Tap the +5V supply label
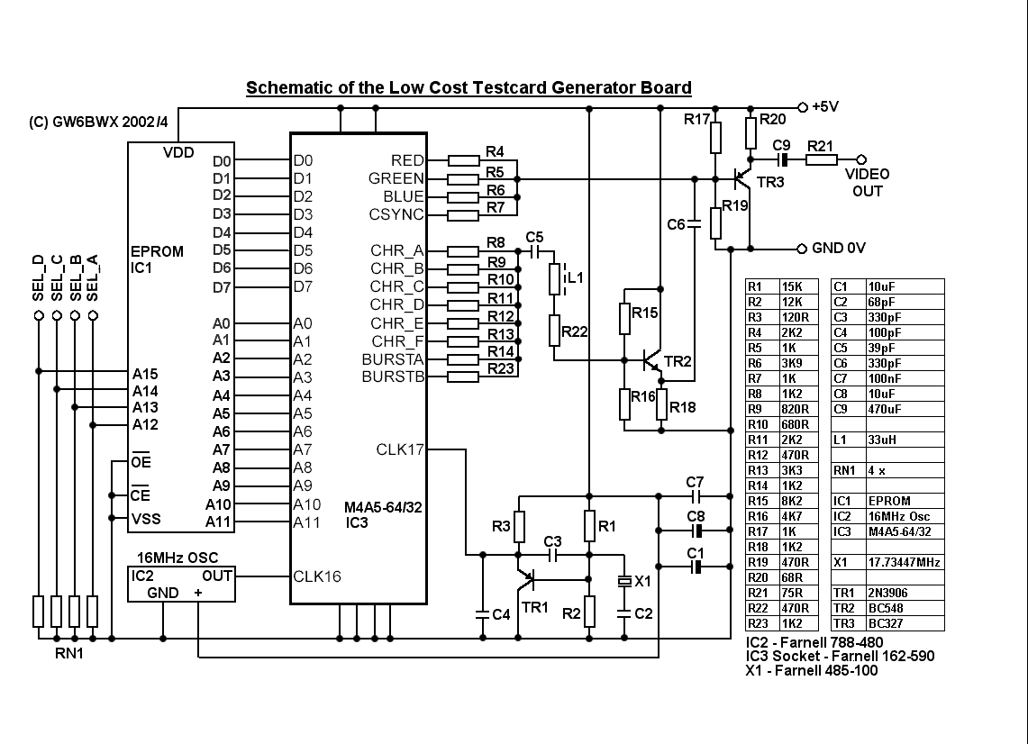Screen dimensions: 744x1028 coord(825,105)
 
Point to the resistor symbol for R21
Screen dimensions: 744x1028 coord(821,160)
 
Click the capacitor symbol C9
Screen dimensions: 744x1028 coord(782,160)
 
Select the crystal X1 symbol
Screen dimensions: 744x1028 coord(623,583)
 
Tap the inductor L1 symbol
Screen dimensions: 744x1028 coord(554,279)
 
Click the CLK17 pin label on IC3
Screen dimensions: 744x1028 coord(399,449)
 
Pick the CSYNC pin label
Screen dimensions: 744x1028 coord(396,214)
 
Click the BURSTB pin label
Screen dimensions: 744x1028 coord(393,377)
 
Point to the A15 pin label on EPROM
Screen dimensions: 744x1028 coord(145,373)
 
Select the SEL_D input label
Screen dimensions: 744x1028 coord(38,278)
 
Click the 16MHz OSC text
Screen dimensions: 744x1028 coord(177,558)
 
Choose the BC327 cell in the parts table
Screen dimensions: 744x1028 coord(886,623)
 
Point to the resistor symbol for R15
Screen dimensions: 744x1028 coord(623,317)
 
